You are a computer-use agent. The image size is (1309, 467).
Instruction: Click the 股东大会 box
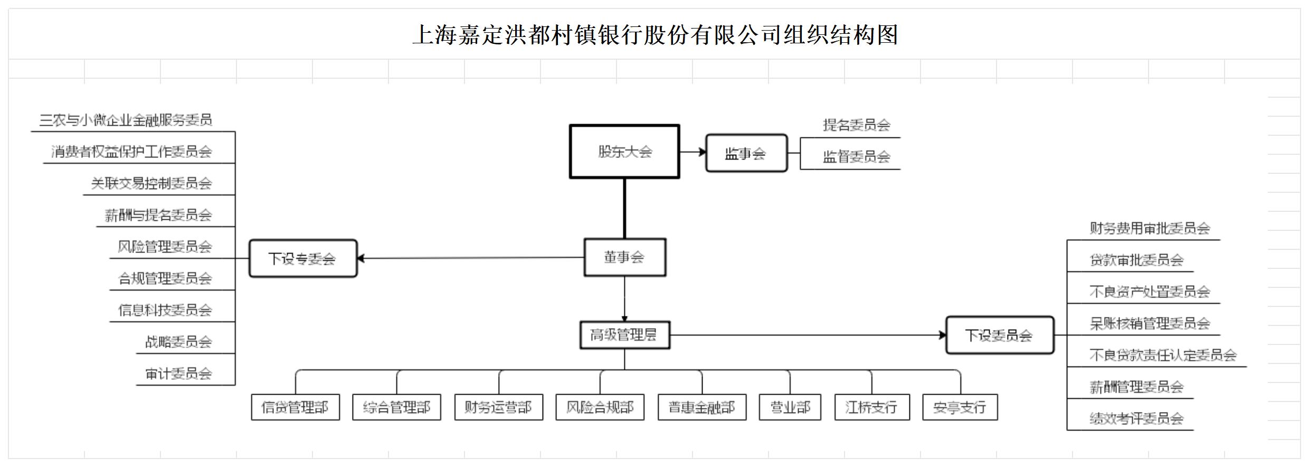coord(624,152)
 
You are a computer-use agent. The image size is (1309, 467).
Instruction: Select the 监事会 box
coord(746,153)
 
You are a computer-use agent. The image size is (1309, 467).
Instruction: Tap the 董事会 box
coord(624,257)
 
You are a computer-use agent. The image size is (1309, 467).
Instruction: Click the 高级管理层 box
coord(624,335)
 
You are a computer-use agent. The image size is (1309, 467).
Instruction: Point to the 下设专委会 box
coord(302,258)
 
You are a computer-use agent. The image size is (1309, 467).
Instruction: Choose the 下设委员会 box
coord(999,335)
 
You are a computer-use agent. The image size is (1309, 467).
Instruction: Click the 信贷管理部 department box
coord(295,407)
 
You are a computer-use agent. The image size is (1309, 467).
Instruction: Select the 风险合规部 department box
coord(600,407)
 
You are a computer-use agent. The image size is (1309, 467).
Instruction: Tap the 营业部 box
coord(790,407)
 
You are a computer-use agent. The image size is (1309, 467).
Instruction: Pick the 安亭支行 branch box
coord(960,407)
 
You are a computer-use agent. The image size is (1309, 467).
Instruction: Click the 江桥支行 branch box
coord(871,407)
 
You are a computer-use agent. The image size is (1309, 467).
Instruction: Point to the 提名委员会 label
coord(856,125)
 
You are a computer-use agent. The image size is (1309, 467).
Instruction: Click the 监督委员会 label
coord(856,157)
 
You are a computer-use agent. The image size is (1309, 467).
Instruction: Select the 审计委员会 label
coord(178,374)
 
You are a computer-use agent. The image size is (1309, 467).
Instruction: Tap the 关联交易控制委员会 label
coord(151,183)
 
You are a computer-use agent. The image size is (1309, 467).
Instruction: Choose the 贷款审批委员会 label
coord(1136,260)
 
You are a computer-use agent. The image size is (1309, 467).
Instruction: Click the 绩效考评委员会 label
coord(1136,419)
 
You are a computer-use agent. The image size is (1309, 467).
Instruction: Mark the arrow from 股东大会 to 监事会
coord(693,152)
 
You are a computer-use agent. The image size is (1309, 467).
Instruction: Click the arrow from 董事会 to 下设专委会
coord(470,258)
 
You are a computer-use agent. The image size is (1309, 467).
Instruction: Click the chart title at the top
coord(654,35)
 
